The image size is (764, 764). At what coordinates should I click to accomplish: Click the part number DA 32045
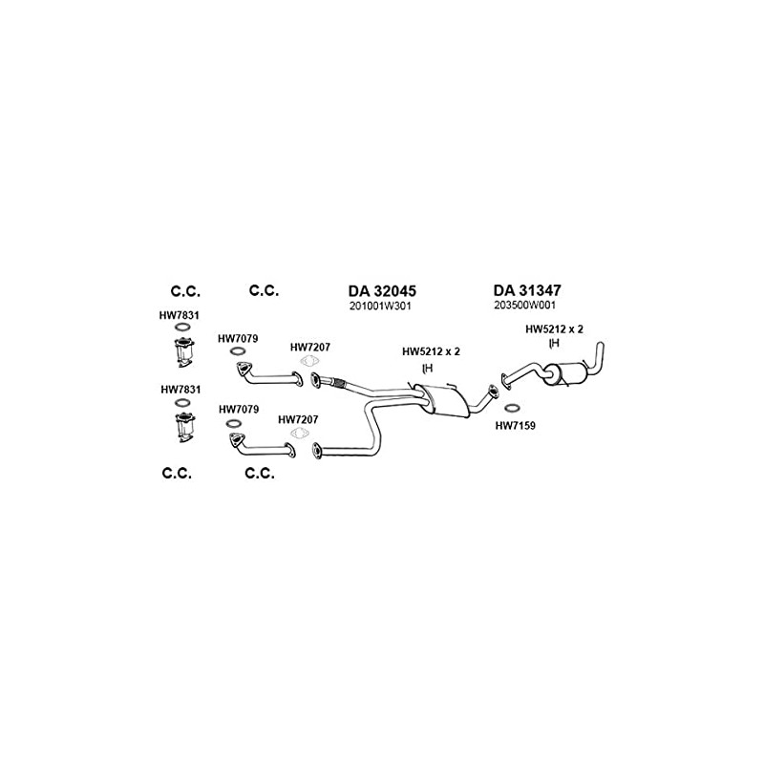coord(382,290)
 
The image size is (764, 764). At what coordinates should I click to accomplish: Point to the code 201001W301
coord(381,306)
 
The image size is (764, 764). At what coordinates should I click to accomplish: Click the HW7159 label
coord(515,425)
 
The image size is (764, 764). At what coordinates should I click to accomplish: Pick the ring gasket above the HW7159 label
coord(513,409)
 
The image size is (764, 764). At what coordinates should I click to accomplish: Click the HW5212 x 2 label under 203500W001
coord(554,329)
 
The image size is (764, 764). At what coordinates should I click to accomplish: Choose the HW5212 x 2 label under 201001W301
coord(432,351)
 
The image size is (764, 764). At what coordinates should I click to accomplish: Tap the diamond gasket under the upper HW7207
coord(308,361)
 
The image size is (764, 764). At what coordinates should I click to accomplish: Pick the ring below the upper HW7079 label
coord(235,351)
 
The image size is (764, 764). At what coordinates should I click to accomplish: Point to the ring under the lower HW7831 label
coord(180,404)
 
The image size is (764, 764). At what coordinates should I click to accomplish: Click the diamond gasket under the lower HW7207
coord(299,434)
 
